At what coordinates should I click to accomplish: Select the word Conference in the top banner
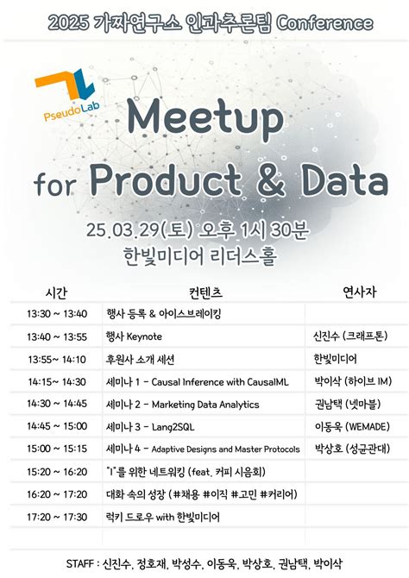tap(325, 19)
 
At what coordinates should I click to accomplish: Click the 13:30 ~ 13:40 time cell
tap(57, 313)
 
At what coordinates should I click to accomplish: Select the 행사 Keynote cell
tap(134, 336)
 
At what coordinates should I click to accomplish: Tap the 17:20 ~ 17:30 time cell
tap(57, 518)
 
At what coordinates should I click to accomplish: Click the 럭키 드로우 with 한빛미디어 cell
tap(162, 518)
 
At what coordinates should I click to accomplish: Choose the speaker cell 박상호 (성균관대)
tap(351, 449)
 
